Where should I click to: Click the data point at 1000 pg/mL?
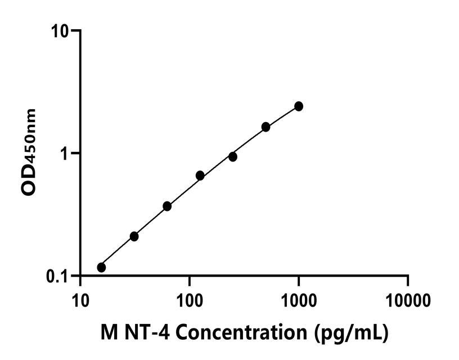click(299, 106)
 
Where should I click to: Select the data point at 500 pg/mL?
click(265, 127)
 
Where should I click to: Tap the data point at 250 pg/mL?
click(232, 156)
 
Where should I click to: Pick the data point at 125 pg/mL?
click(200, 175)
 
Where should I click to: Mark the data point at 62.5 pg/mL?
click(167, 206)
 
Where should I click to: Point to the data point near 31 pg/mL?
click(134, 236)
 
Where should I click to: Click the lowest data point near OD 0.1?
click(101, 267)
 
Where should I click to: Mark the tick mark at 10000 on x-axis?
click(408, 281)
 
